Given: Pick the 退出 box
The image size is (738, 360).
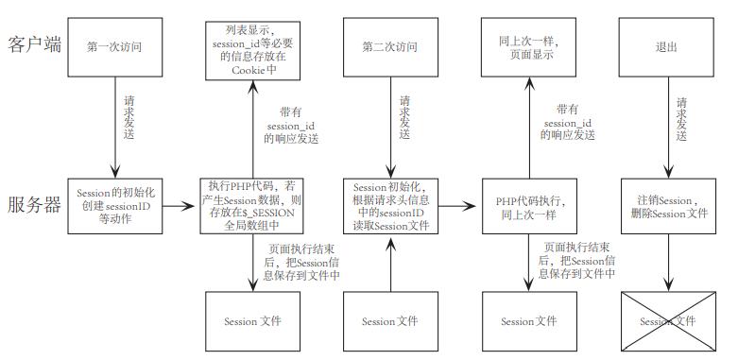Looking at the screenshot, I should (667, 44).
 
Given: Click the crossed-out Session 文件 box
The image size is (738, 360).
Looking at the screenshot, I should (667, 321).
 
